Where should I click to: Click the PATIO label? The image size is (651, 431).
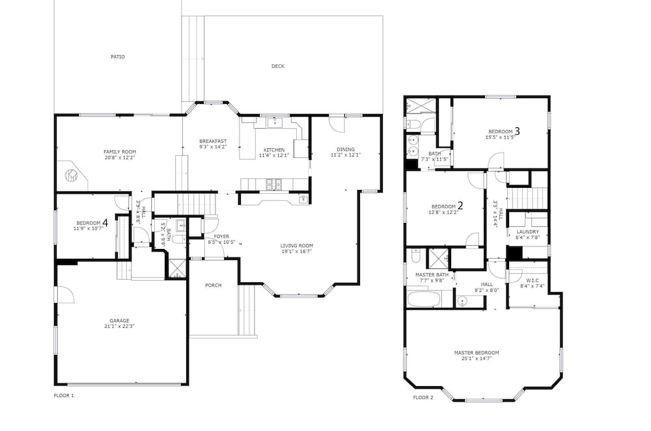pos(117,57)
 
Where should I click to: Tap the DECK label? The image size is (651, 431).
pos(278,66)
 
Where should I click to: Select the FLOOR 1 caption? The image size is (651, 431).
pos(64,395)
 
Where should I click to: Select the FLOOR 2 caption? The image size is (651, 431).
pos(423,397)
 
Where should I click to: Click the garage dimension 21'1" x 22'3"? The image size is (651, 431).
pos(120,326)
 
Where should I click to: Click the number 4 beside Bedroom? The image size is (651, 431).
pos(105,223)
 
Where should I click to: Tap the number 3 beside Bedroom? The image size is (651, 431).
pos(518,131)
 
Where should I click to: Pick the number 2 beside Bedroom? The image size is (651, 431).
pos(460,205)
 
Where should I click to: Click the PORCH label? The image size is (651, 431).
pos(214,285)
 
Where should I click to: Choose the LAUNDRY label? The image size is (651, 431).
pos(528,231)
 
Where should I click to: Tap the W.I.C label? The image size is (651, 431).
pos(533,281)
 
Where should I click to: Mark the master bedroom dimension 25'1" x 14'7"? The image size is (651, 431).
pos(477,358)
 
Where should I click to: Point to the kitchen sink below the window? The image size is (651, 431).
pos(274,123)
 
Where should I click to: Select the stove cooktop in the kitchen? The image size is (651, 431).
pos(274,184)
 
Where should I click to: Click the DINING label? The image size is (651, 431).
pos(346,150)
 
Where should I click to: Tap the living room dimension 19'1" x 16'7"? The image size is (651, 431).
pos(297,251)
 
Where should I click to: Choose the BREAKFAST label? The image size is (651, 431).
pos(213,141)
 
